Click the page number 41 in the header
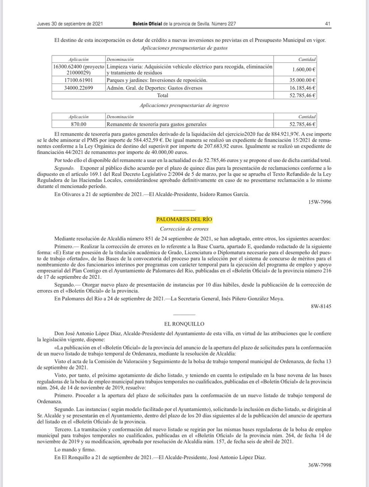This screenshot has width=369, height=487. pos(327,24)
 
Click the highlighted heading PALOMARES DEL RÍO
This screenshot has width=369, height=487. pos(184,219)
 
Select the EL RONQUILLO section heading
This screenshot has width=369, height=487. pos(184,324)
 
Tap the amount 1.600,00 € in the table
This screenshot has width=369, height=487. pos(303,69)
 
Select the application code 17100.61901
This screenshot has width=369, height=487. pos(78,80)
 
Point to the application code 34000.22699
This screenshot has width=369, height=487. pos(78,88)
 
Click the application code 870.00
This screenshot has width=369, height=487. pos(78,124)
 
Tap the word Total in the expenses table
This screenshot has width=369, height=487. pos(163,95)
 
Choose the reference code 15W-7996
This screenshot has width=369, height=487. pos(320,202)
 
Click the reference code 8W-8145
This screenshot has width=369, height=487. pos(321,306)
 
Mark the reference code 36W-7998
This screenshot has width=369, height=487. pos(320,465)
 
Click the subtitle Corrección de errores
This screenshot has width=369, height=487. pos(184,229)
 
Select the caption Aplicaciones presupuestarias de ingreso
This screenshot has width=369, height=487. pos(184,105)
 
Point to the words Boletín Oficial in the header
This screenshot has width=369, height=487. pos(147,24)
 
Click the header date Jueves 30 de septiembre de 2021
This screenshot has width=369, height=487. pos(70,24)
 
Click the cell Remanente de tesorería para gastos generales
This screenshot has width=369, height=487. pos(156,124)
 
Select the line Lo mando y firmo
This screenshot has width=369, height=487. pos(75,450)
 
